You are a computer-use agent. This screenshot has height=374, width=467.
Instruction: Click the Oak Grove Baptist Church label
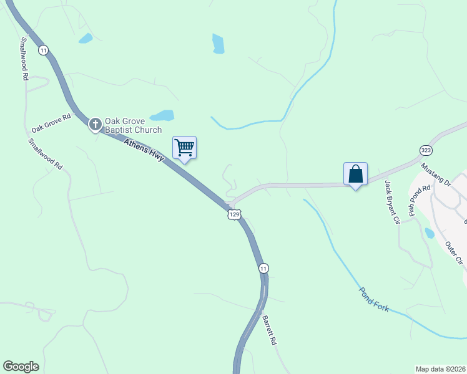(133, 125)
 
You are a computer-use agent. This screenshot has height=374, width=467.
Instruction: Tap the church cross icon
(95, 125)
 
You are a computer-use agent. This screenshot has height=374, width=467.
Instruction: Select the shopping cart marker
(184, 148)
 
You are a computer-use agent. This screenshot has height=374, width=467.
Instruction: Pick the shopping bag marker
(355, 174)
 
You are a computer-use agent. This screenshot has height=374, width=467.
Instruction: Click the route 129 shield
(234, 214)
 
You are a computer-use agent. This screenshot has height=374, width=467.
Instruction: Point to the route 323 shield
(426, 150)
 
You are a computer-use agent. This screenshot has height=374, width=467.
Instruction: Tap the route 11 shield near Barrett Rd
(263, 268)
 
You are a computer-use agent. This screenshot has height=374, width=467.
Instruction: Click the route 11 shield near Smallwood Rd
(43, 50)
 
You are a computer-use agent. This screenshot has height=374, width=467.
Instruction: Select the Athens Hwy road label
(144, 151)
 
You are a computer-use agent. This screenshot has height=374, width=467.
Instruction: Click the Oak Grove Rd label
(51, 122)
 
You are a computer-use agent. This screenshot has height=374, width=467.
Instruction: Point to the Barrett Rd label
(269, 330)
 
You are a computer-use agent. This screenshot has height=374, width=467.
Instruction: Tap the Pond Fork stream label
(373, 299)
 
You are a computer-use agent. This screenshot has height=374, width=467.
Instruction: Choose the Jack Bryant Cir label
(391, 201)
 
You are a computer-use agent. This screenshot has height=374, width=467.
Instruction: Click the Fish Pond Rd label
(420, 200)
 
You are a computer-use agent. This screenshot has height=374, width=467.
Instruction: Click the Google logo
(21, 367)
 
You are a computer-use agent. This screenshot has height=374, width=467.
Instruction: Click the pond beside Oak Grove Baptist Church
(162, 115)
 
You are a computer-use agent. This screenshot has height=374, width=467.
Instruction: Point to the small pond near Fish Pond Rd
(430, 233)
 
